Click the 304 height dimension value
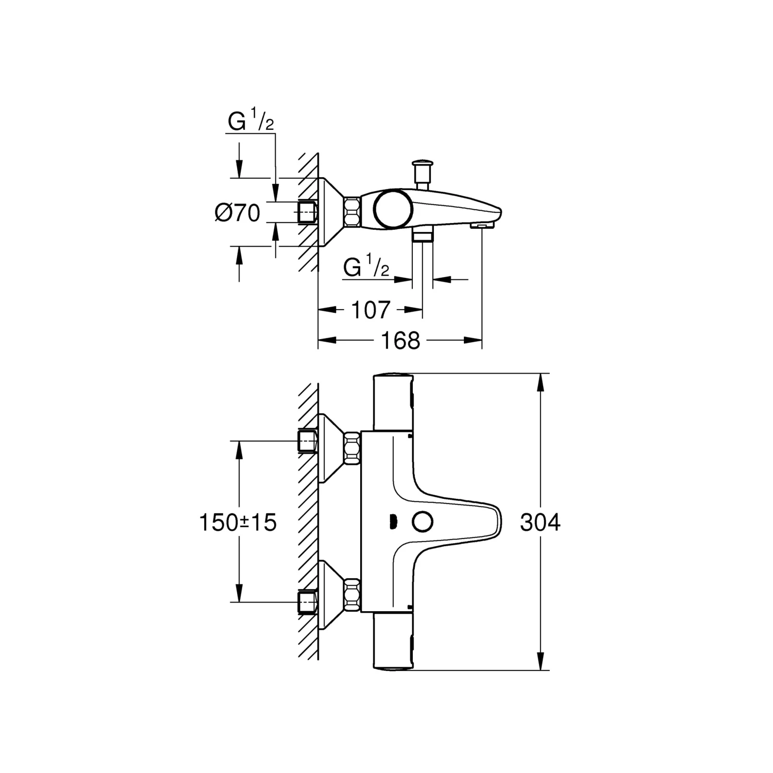540,523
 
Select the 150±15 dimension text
238,523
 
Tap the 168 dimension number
400,340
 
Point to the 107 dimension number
371,310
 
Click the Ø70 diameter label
238,212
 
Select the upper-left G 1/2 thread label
250,123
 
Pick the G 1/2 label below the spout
366,267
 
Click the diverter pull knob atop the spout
422,169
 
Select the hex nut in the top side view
352,212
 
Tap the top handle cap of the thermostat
393,401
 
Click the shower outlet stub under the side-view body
423,236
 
